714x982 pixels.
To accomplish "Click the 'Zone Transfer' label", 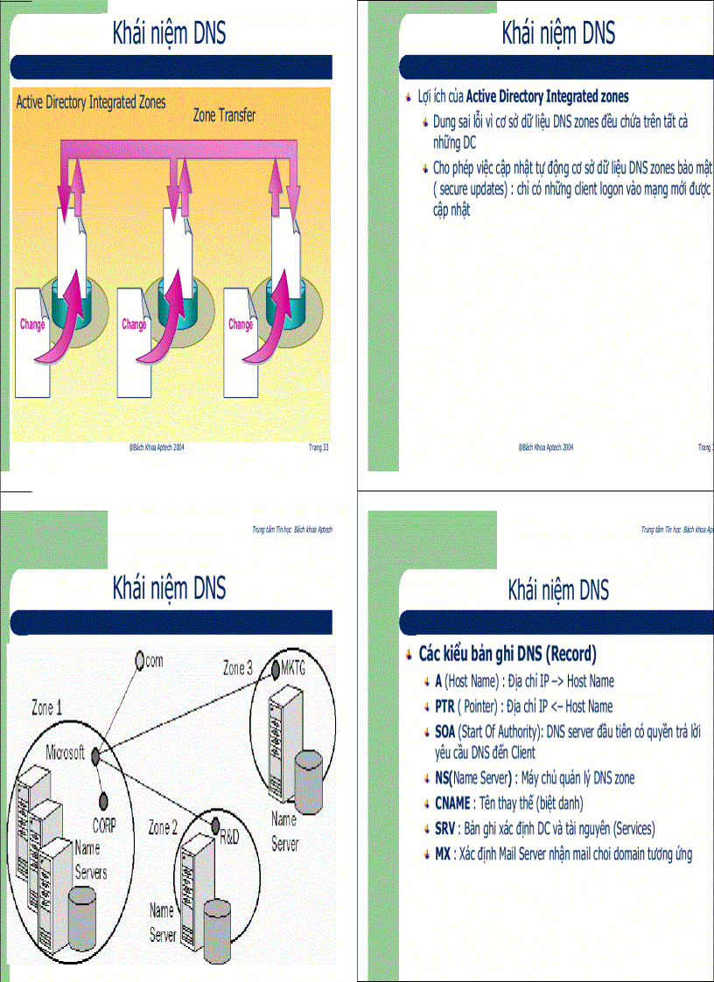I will pos(224,115).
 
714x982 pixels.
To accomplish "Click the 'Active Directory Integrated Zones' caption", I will pos(91,102).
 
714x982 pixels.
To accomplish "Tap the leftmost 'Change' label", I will pos(32,324).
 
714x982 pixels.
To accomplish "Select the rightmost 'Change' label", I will pos(241,324).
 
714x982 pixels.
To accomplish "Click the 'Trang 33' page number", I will pos(318,447).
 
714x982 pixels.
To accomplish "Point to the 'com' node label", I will pos(154,661).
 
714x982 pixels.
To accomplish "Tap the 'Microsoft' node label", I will pos(66,752).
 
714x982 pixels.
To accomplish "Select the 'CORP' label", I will pos(104,824).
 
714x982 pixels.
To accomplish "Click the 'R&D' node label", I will pos(228,837).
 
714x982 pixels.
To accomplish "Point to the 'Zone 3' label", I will pos(237,669).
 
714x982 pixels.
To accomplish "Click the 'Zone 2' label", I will pos(164,826).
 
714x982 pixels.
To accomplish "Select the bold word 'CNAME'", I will pos(452,803).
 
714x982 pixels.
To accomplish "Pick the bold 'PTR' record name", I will pos(444,706).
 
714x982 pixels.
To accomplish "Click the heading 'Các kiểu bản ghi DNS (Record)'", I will pos(507,653).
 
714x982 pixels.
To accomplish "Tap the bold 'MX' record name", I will pos(443,853).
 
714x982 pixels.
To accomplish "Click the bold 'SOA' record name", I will pos(445,731).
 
